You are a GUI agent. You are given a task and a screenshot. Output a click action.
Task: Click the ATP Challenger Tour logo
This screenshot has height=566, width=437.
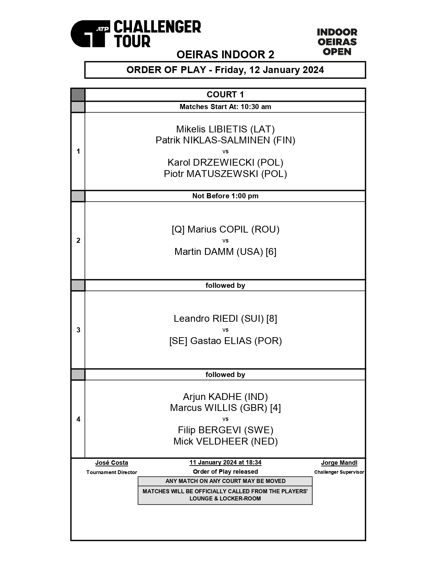[136, 34]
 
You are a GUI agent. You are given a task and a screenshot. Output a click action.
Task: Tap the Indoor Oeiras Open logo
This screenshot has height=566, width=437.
[337, 42]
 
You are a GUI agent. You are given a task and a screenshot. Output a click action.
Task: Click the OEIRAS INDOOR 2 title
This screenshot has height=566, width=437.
[225, 55]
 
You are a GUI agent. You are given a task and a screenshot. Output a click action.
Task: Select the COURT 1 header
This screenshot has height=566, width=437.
[225, 94]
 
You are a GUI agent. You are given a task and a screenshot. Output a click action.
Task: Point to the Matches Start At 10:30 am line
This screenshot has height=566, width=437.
[225, 107]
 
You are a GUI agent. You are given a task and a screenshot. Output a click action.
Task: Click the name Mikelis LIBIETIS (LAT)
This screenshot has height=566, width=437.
[225, 129]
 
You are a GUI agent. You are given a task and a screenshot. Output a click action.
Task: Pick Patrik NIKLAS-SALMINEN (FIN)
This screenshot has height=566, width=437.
[225, 140]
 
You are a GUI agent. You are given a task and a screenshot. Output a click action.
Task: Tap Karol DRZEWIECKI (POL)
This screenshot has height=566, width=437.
[225, 162]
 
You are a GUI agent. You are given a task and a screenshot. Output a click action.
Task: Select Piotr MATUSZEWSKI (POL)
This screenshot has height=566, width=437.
[225, 174]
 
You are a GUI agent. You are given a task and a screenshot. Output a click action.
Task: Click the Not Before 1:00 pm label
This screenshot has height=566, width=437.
[225, 196]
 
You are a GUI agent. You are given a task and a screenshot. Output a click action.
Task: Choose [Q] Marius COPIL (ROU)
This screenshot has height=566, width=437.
[225, 229]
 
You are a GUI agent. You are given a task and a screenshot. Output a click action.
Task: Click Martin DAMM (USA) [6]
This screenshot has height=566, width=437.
[225, 252]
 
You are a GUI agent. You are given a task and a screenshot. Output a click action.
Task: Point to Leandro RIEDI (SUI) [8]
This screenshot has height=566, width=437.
[225, 318]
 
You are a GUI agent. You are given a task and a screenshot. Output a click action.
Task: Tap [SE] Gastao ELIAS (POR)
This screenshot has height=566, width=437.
[225, 341]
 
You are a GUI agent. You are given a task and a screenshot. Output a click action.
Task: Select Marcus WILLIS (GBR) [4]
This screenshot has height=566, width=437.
[225, 408]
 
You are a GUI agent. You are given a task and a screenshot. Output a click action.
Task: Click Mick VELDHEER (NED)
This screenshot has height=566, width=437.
[225, 441]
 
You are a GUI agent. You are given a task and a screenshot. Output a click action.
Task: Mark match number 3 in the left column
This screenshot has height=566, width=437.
[78, 330]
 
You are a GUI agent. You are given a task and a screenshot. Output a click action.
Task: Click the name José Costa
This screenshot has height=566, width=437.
[112, 463]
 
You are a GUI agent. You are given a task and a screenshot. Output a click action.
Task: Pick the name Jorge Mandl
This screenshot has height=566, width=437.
[339, 463]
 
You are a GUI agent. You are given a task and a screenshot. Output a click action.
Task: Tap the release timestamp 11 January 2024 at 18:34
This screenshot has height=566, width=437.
[225, 462]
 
